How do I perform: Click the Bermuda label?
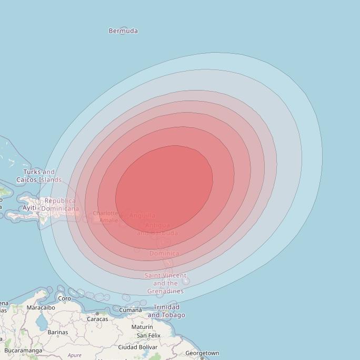(x=123, y=31)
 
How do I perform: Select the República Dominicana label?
(x=61, y=205)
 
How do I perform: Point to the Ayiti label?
(x=29, y=208)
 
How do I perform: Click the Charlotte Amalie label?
(x=106, y=217)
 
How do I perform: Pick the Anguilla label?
(x=142, y=215)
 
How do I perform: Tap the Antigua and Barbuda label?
(x=157, y=229)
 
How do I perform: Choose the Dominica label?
(x=164, y=253)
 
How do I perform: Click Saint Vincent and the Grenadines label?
(x=165, y=283)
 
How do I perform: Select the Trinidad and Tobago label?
(x=166, y=311)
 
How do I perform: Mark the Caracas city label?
(x=97, y=319)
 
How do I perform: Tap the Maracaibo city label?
(x=41, y=307)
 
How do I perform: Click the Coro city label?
(x=64, y=298)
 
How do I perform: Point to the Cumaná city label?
(x=130, y=310)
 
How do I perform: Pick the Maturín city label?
(x=142, y=327)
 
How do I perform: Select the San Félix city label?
(x=148, y=335)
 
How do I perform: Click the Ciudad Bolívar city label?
(x=137, y=347)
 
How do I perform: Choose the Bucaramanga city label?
(x=23, y=351)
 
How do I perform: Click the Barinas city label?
(x=58, y=332)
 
